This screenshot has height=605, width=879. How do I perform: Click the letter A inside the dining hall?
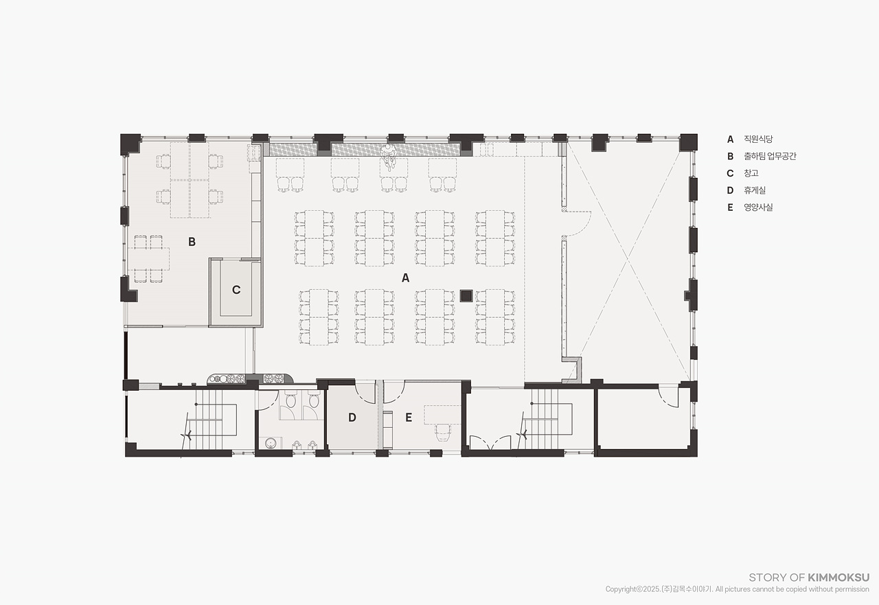(405, 278)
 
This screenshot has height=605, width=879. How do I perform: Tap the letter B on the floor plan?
(192, 242)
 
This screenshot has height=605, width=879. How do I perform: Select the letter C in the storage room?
(236, 290)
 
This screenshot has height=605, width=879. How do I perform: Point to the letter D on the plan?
(352, 418)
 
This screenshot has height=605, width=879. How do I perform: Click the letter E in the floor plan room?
(409, 418)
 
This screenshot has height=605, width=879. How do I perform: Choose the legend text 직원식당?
(758, 139)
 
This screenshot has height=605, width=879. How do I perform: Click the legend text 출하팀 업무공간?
(770, 156)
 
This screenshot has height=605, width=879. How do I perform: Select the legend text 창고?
(751, 173)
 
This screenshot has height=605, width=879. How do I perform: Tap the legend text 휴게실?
(755, 190)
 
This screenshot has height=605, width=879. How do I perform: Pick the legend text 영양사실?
(758, 207)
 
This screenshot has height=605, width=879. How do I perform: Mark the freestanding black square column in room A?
(466, 295)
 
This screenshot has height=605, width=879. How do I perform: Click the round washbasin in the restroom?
(270, 444)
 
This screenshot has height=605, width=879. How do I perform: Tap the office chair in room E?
(443, 433)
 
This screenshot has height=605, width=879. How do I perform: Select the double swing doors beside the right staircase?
(490, 442)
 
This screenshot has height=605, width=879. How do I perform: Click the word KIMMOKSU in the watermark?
(838, 577)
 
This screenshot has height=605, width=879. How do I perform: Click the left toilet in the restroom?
(290, 400)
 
